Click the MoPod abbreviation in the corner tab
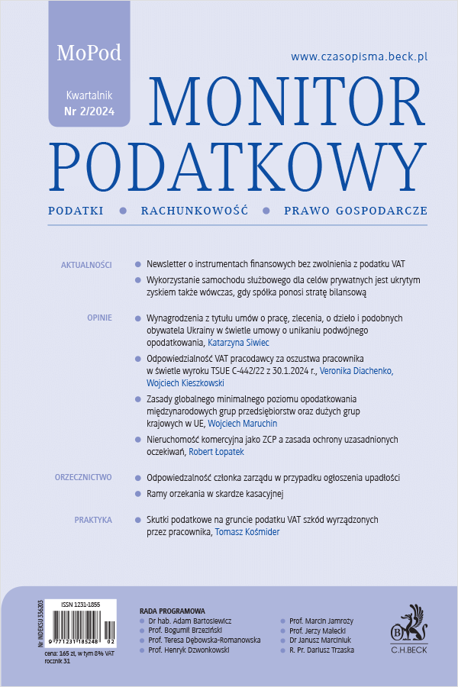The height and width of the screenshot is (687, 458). [89, 53]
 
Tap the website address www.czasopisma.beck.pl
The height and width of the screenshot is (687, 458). [358, 56]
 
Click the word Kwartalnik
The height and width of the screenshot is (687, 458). [89, 96]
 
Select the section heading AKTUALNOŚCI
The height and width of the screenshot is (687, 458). [85, 265]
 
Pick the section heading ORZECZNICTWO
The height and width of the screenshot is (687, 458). [83, 477]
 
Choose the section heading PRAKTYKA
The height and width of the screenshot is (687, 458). [93, 520]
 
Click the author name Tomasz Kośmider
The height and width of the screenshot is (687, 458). [247, 532]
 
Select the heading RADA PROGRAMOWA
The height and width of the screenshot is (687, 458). [173, 611]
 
